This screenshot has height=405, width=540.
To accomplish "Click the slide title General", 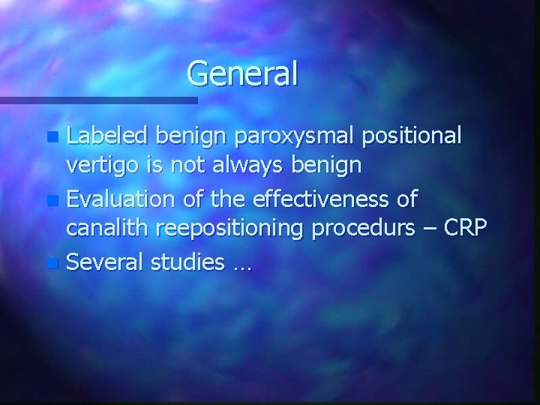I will (242, 73).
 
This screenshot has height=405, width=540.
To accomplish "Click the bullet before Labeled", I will (51, 139).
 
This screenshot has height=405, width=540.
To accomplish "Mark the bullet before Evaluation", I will (51, 200).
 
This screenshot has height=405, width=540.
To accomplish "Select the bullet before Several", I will (51, 262).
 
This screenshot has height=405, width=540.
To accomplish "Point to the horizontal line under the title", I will (98, 99).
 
